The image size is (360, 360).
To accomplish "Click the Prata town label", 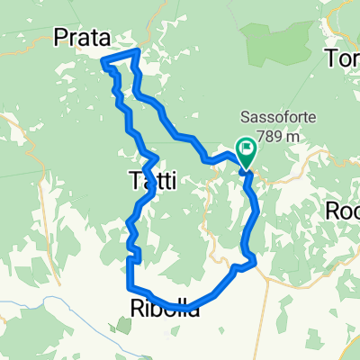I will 81,38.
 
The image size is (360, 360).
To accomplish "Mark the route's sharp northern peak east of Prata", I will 136,51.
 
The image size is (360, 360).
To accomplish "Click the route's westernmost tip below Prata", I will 103,61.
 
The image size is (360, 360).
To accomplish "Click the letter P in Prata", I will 60,38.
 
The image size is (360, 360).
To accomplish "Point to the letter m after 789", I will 292,133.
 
